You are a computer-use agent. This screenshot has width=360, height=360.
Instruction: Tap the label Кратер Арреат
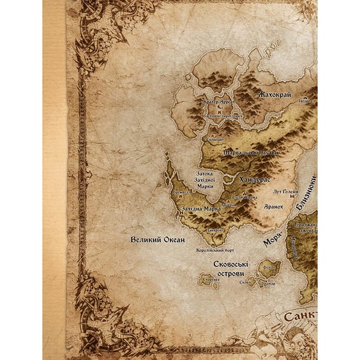click(219, 101)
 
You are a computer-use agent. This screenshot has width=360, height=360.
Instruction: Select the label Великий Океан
click(157, 239)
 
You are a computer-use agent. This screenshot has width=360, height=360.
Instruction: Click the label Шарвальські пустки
click(246, 154)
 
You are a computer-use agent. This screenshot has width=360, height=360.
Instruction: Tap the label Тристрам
click(246, 198)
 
